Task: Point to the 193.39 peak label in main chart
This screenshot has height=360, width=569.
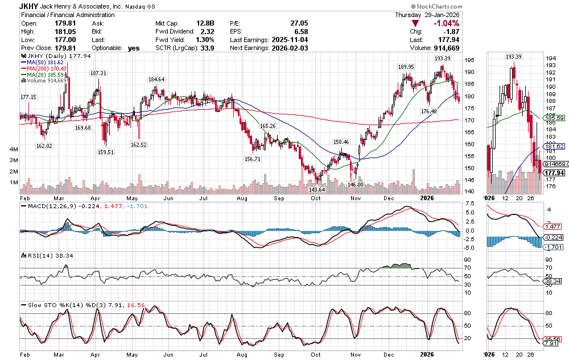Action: click(x=443, y=59)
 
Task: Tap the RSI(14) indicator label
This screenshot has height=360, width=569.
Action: click(x=39, y=255)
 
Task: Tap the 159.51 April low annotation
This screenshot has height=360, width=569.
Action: click(x=106, y=152)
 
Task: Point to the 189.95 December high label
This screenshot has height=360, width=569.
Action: click(x=406, y=67)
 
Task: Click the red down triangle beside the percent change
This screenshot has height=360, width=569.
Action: click(x=415, y=23)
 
